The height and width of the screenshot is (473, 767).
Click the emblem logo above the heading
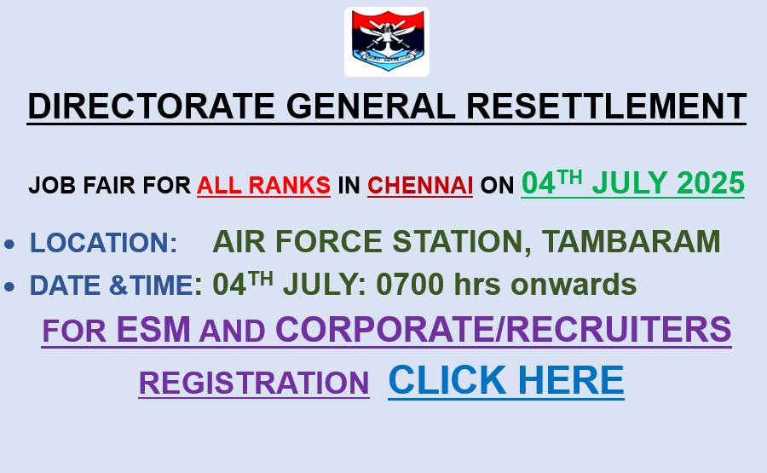[387, 42]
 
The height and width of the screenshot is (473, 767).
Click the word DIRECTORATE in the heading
[151, 107]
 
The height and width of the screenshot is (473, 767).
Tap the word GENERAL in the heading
[371, 107]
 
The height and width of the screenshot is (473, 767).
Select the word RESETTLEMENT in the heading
[607, 107]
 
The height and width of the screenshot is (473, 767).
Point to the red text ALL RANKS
[263, 186]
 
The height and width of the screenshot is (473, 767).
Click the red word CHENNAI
[420, 186]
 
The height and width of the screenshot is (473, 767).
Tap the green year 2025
[711, 183]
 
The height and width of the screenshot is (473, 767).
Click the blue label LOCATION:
[104, 242]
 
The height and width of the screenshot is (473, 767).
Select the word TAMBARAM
[631, 241]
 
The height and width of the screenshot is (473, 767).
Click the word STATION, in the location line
[462, 242]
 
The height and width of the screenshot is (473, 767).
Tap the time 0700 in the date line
[410, 284]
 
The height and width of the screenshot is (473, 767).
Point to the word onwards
[574, 285]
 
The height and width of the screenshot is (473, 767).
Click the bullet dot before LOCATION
[9, 244]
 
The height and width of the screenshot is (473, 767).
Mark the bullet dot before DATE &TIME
[9, 286]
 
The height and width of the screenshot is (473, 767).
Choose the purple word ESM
[153, 329]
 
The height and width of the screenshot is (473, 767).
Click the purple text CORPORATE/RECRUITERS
[504, 329]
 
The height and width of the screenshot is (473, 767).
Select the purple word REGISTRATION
[254, 383]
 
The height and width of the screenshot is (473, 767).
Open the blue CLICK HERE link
[506, 380]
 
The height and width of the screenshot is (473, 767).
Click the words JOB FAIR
[82, 186]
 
